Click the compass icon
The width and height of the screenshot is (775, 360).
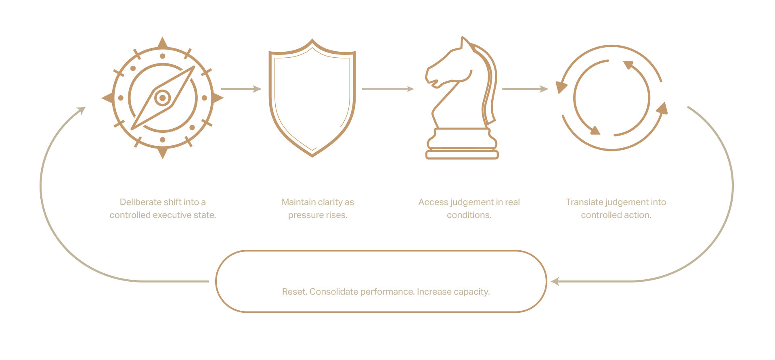tap(163, 98)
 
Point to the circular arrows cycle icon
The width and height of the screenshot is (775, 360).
tap(612, 98)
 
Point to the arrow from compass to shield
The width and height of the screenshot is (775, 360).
tap(241, 89)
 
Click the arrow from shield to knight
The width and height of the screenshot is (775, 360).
tap(387, 89)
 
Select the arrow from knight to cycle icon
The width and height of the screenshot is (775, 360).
tap(525, 89)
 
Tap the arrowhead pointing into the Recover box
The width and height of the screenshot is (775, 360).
tap(555, 281)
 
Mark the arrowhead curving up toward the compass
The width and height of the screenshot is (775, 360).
tap(82, 110)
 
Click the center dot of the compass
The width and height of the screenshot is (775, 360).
tap(163, 98)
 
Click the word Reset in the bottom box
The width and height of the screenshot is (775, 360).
tap(294, 292)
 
